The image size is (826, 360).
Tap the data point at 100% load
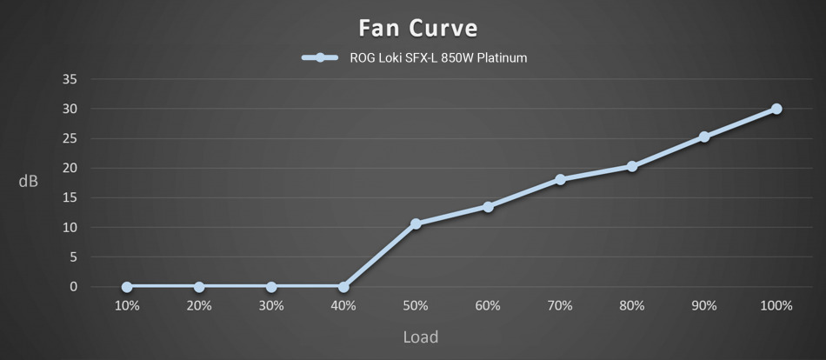tap(776, 109)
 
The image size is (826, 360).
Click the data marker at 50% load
tap(416, 223)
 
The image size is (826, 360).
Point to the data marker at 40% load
tap(343, 287)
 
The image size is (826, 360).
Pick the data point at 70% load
tap(560, 179)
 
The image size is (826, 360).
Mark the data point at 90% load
tap(704, 137)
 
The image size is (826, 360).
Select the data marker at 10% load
tap(127, 287)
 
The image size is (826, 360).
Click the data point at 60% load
tap(488, 207)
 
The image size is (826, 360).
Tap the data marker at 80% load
tap(632, 166)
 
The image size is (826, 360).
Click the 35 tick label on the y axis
tap(70, 79)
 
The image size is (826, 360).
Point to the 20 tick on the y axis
tap(70, 168)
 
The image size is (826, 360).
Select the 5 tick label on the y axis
tap(74, 257)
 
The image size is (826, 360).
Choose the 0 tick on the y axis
tap(74, 287)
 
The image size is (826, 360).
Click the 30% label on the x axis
tap(271, 306)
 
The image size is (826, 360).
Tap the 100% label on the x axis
tap(776, 306)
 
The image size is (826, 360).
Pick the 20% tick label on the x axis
tap(199, 306)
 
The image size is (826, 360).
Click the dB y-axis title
tap(29, 182)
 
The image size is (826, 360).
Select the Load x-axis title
tap(420, 337)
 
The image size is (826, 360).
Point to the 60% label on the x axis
tap(488, 306)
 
